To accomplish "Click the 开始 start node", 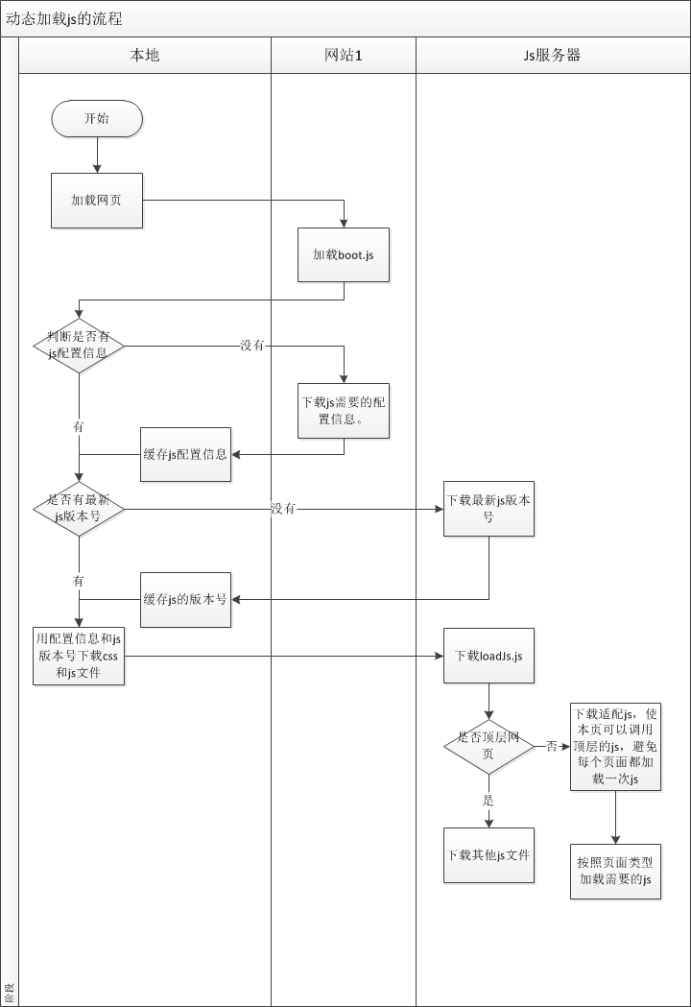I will pyautogui.click(x=97, y=119).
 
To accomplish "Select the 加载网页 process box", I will pyautogui.click(x=97, y=201).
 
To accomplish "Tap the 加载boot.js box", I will pyautogui.click(x=344, y=255).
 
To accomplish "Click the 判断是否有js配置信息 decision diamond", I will pyautogui.click(x=79, y=346).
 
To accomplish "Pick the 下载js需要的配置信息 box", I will pyautogui.click(x=344, y=411).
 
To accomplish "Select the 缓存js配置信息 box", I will pyautogui.click(x=185, y=454).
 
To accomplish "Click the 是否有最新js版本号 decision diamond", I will pyautogui.click(x=79, y=508).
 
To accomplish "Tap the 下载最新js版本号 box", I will pyautogui.click(x=488, y=509).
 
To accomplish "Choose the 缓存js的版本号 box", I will pyautogui.click(x=185, y=599).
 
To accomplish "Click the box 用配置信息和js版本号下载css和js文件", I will pyautogui.click(x=79, y=657).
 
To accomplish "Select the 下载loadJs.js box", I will pyautogui.click(x=488, y=657).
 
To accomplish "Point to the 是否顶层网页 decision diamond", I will pyautogui.click(x=488, y=746).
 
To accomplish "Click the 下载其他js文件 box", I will pyautogui.click(x=488, y=854).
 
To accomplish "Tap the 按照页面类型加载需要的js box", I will pyautogui.click(x=615, y=871).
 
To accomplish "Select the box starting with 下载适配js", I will pyautogui.click(x=615, y=747).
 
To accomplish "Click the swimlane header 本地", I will pyautogui.click(x=145, y=55).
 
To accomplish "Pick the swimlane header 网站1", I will pyautogui.click(x=344, y=55).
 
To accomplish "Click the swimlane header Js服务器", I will pyautogui.click(x=552, y=55).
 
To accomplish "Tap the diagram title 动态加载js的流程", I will pyautogui.click(x=64, y=18).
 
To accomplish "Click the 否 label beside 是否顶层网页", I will pyautogui.click(x=552, y=746).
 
